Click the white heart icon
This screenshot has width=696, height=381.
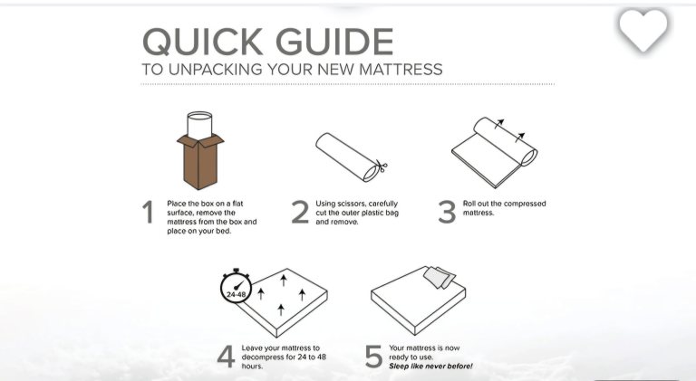(643, 30)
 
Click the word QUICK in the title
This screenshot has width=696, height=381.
(202, 42)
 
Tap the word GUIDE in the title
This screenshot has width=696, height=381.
(334, 42)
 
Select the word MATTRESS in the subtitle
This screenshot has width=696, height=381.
(401, 69)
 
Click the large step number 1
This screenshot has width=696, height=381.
(149, 212)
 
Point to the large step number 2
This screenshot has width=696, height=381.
(300, 212)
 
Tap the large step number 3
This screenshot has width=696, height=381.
(447, 212)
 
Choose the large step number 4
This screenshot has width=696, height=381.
(226, 357)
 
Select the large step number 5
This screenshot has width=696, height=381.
(373, 357)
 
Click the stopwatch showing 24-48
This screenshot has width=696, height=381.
(237, 287)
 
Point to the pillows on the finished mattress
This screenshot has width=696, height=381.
(439, 277)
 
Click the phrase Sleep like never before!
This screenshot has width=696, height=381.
(430, 367)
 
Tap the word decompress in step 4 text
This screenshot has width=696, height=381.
(261, 357)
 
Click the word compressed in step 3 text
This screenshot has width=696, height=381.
(525, 204)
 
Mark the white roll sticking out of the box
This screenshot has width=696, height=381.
(199, 126)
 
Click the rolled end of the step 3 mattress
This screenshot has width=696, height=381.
(529, 157)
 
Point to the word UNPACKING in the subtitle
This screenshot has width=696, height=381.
(217, 69)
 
